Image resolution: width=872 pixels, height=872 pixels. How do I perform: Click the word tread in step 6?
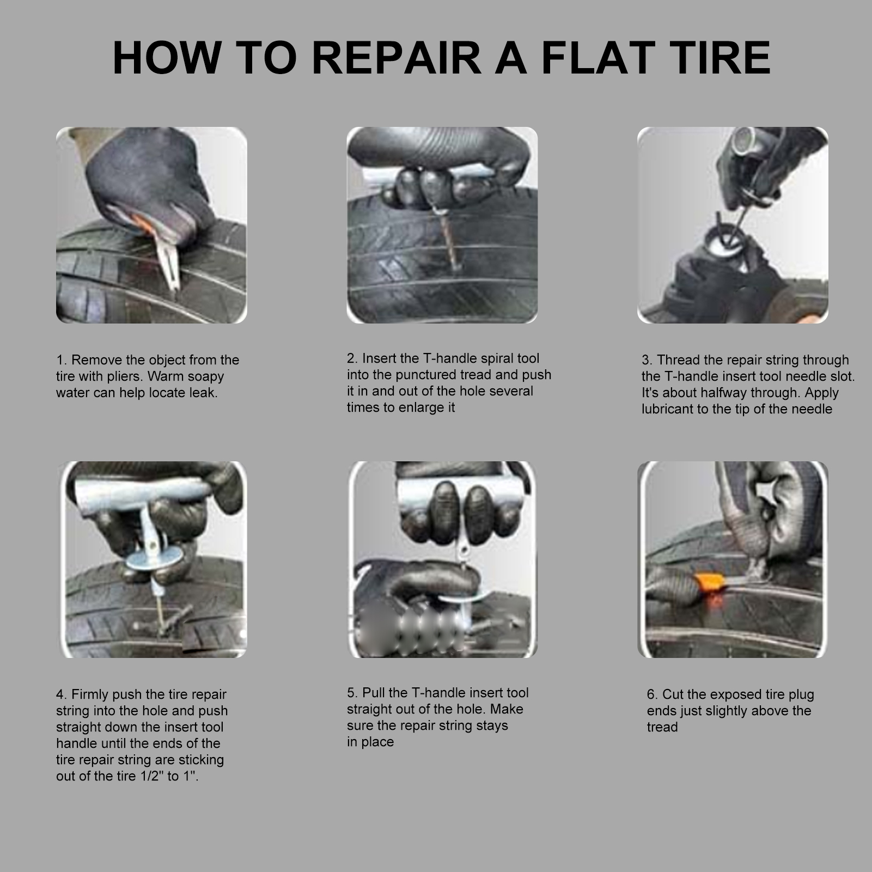(x=662, y=727)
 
